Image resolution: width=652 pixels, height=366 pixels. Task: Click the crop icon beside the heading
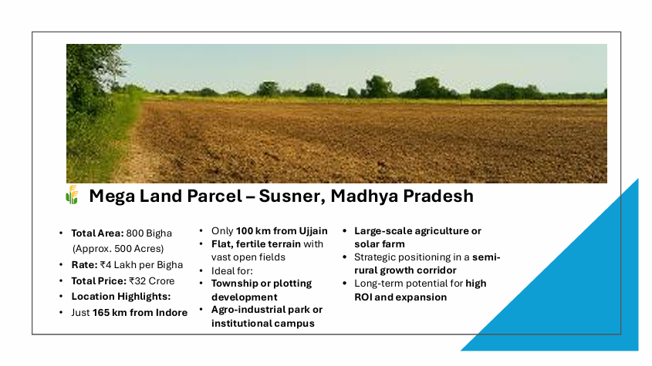[72, 195]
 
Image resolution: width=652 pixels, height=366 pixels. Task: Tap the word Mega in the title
[112, 196]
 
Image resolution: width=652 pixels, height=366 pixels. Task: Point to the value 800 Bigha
[149, 233]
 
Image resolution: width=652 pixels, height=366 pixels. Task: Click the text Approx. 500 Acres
[118, 249]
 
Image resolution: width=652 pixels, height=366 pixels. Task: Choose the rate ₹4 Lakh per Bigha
[141, 265]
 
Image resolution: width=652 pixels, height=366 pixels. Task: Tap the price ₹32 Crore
[151, 280]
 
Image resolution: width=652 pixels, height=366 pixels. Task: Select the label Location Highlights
[121, 296]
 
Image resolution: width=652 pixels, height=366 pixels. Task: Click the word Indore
[171, 312]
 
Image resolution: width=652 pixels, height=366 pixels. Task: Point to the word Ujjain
[313, 231]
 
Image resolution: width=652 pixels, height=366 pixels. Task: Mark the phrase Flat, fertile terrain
[255, 244]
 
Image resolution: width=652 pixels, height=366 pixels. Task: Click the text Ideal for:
[232, 271]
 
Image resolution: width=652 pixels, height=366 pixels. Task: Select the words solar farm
[379, 244]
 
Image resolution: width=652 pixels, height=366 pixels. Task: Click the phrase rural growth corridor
[405, 270]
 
